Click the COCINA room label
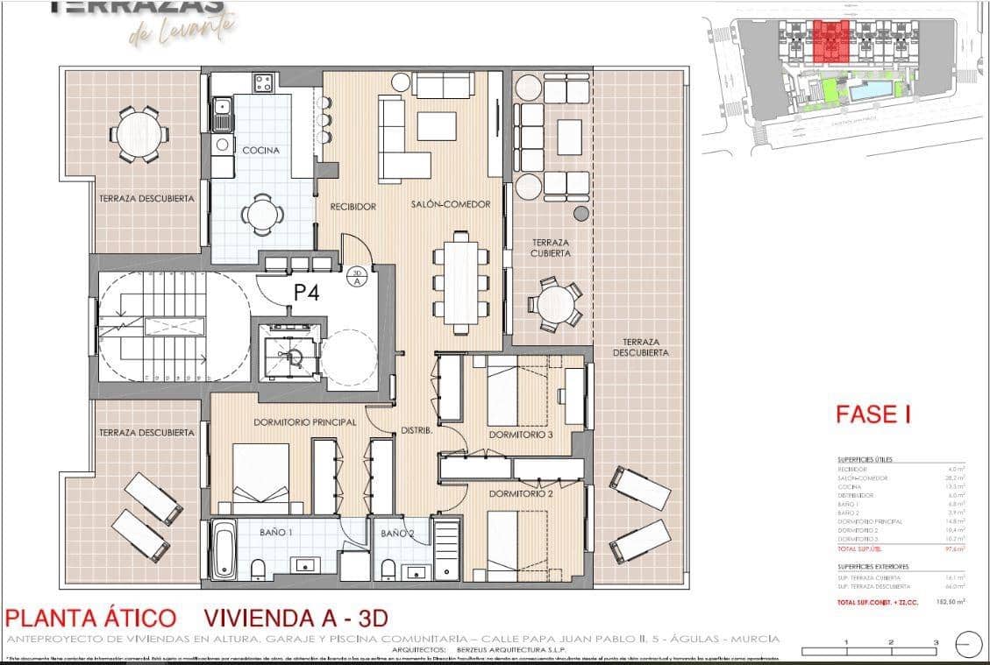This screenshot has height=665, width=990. click(x=261, y=151)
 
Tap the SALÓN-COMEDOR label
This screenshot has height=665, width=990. click(x=451, y=205)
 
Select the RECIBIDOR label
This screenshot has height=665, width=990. click(x=353, y=207)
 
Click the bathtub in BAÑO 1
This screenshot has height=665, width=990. click(x=224, y=550)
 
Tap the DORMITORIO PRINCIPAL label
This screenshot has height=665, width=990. click(x=304, y=422)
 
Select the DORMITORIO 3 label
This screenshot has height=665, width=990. click(x=519, y=435)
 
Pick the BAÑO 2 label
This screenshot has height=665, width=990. click(x=397, y=533)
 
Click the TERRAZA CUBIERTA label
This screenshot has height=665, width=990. click(x=550, y=248)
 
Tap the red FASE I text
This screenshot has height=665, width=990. click(x=872, y=414)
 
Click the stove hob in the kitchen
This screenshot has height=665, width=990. click(x=264, y=83)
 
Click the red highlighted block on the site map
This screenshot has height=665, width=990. click(x=829, y=41)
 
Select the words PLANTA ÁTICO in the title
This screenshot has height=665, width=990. click(x=91, y=618)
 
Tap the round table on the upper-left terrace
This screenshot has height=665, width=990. click(x=139, y=134)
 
